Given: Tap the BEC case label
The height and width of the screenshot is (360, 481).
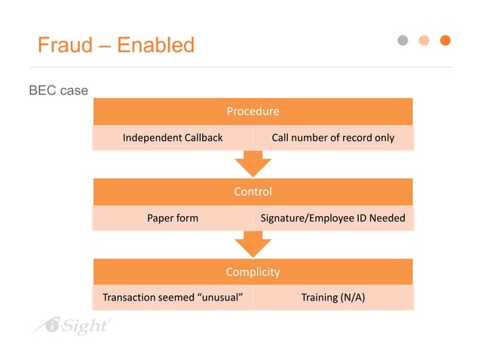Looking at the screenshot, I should tap(58, 90).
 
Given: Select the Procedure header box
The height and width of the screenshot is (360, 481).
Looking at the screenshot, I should tap(253, 111).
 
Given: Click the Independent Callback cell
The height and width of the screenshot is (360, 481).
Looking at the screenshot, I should tap(173, 138).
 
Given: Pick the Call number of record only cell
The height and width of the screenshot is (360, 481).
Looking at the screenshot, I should tap(332, 138).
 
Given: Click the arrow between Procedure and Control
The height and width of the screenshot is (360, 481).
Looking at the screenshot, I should tap(253, 163).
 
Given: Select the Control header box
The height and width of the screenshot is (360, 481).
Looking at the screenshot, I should tap(253, 191).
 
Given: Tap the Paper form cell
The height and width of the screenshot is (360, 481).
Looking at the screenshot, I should tap(173, 218).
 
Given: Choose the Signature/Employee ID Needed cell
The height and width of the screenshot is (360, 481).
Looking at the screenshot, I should tap(332, 218).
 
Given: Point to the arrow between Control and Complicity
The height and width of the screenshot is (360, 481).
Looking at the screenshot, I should tap(253, 243).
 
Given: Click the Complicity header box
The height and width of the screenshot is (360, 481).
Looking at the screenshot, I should tap(253, 272).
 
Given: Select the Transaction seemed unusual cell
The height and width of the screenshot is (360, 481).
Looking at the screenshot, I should tap(173, 297).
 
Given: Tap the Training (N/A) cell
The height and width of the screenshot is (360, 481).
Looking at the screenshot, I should tap(332, 297).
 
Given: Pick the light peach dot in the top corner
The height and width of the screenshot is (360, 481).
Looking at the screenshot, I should tap(424, 40).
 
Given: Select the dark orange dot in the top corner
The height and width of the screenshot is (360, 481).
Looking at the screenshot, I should tap(445, 40).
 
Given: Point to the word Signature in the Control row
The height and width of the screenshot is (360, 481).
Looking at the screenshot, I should tap(283, 218).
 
